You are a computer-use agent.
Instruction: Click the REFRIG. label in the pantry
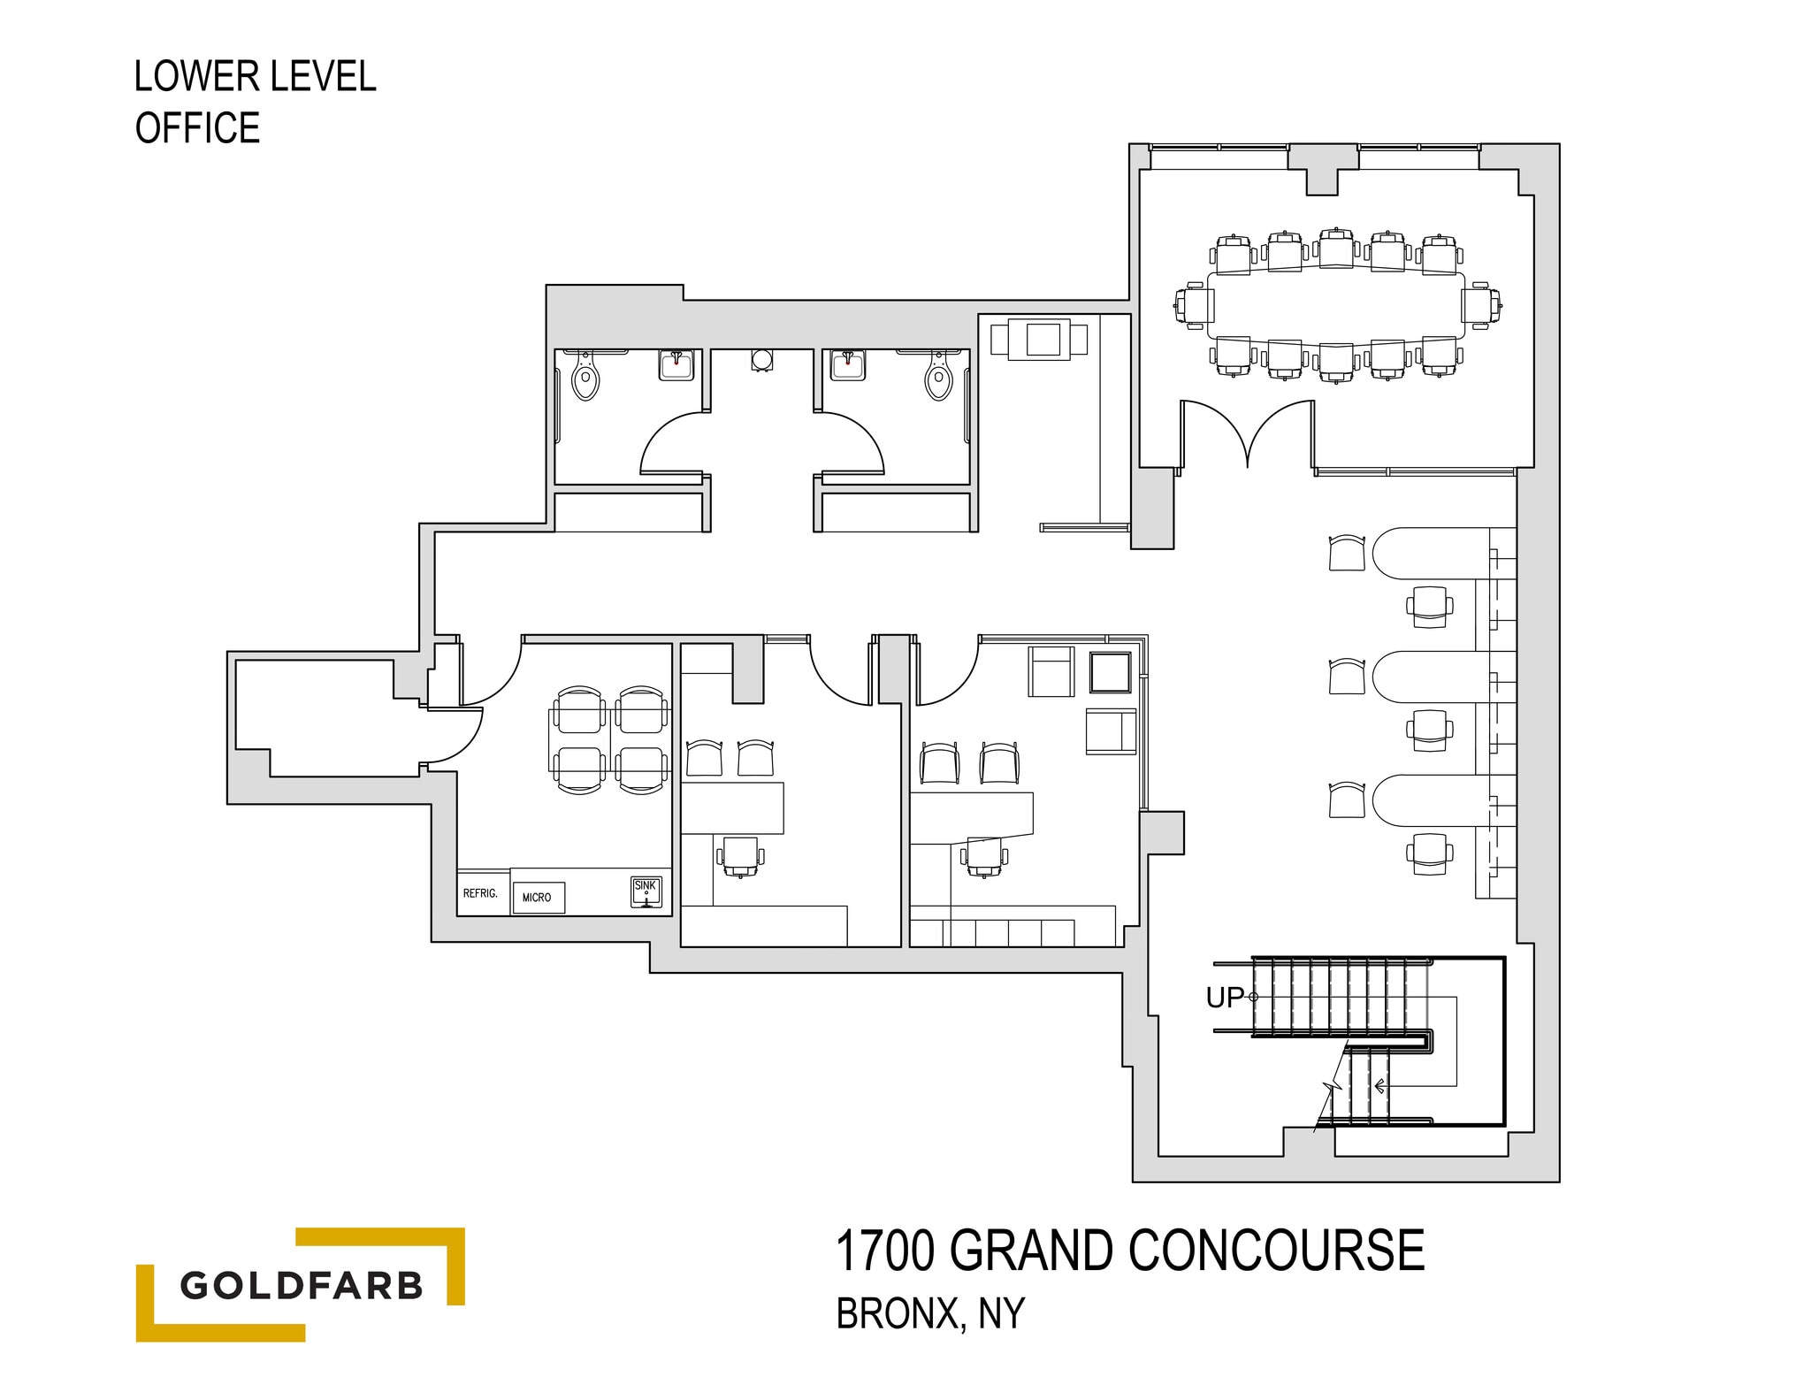click(480, 893)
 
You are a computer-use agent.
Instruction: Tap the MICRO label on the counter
click(537, 898)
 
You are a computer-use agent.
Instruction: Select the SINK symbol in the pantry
click(646, 891)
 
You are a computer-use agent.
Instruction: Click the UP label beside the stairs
click(1225, 998)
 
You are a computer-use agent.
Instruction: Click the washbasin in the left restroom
click(676, 364)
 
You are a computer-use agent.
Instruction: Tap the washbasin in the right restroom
click(847, 364)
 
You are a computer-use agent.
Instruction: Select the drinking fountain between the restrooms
click(762, 359)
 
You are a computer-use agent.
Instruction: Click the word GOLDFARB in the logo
click(302, 1285)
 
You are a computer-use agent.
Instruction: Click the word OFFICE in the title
click(197, 128)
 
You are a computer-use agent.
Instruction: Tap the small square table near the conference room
click(1040, 339)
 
